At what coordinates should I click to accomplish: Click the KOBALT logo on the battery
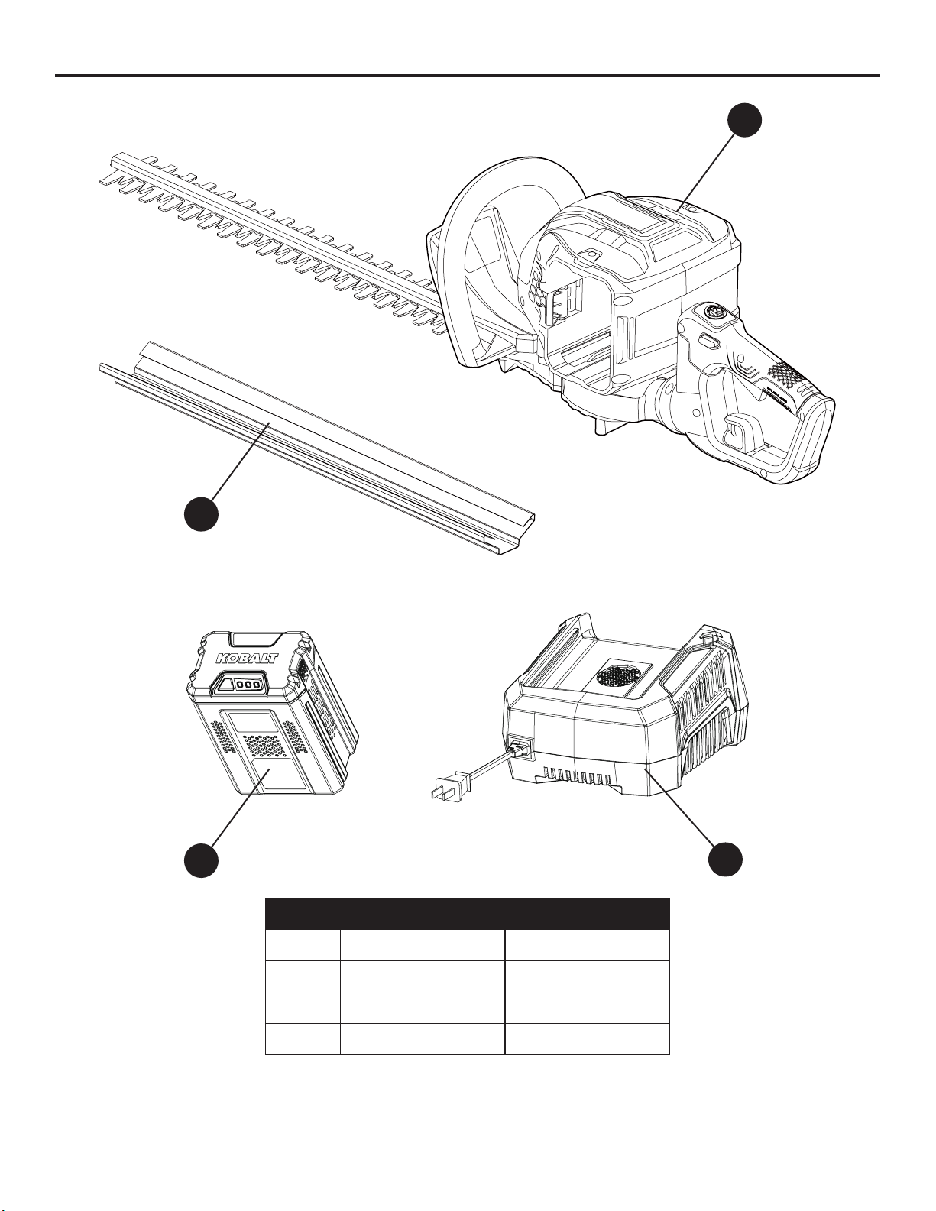pyautogui.click(x=247, y=658)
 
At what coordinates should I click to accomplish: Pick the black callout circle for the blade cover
pyautogui.click(x=201, y=513)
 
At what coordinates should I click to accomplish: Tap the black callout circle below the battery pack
pyautogui.click(x=201, y=860)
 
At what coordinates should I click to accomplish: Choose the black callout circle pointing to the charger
pyautogui.click(x=725, y=860)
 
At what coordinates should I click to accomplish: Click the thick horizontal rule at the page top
pyautogui.click(x=467, y=75)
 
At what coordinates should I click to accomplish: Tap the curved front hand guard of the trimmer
pyautogui.click(x=474, y=262)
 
